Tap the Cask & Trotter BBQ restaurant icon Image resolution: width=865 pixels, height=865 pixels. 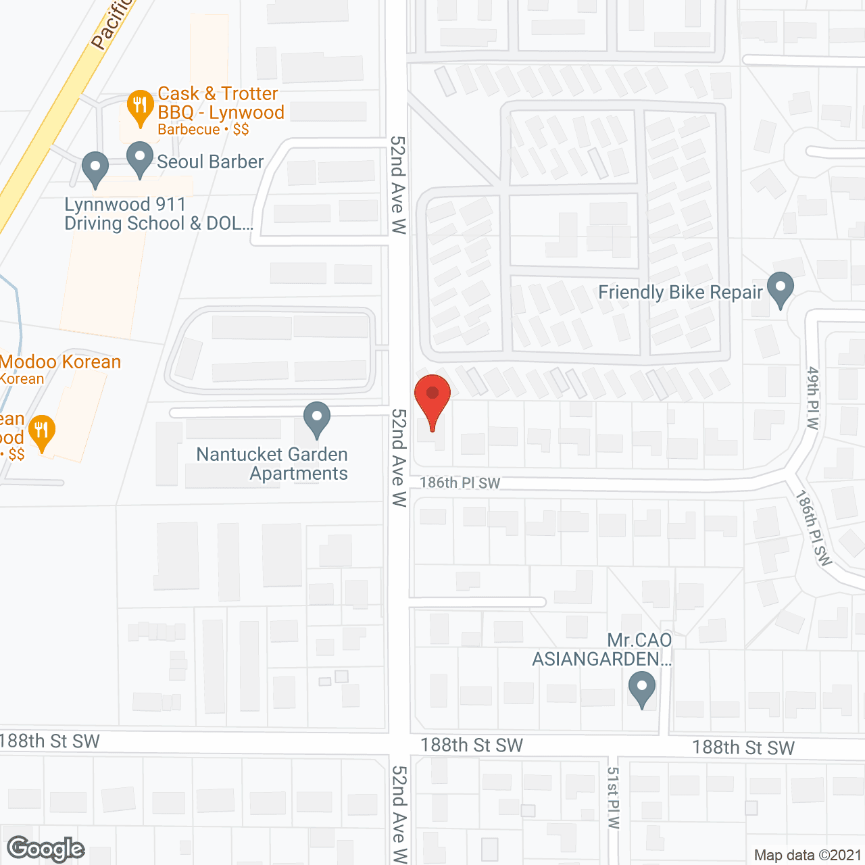140,106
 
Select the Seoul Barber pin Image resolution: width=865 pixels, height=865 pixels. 140,158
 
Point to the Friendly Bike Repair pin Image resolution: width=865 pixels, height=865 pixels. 781,289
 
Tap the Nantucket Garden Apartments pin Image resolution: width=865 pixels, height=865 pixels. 316,418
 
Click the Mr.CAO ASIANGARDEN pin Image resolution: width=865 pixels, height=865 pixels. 642,690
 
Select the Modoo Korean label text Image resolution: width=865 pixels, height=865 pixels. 60,362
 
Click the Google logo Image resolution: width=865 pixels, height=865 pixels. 46,849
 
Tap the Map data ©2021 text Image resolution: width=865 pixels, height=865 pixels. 808,855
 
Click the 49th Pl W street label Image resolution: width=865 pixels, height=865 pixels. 813,398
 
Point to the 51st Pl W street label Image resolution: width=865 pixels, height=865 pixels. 613,797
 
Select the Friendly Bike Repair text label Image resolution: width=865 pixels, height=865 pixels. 681,292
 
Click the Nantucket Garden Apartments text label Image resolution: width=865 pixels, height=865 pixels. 272,464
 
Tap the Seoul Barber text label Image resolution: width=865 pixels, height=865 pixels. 210,162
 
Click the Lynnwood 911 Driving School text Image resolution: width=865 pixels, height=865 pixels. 158,214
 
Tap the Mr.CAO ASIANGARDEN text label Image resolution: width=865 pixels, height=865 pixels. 602,649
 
